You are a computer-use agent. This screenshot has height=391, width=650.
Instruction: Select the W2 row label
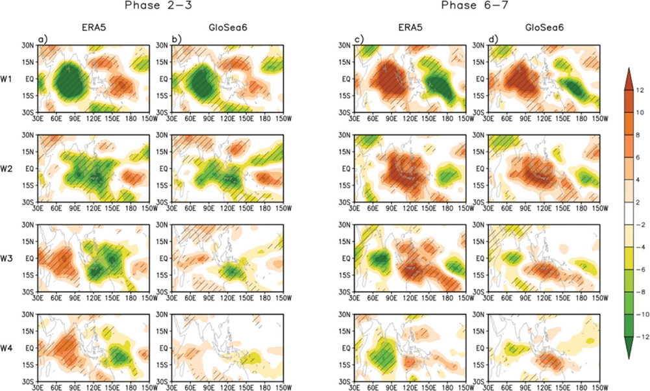[x=11, y=169]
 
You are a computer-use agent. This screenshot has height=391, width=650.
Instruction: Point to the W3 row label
[x=11, y=259]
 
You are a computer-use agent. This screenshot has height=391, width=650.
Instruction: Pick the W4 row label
[x=11, y=349]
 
